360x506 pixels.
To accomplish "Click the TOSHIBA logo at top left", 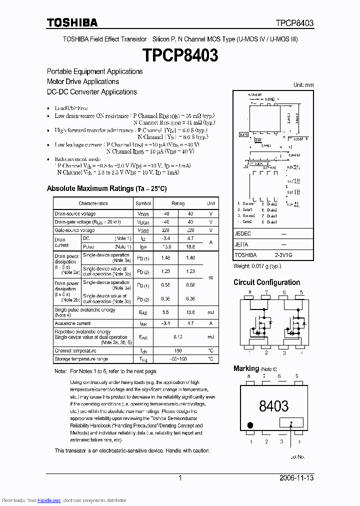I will click(x=72, y=22).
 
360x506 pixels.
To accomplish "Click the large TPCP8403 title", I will click(x=180, y=55).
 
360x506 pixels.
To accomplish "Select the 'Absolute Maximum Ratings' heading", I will click(x=106, y=188).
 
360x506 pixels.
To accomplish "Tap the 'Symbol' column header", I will click(x=143, y=203).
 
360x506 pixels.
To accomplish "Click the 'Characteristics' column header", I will click(x=93, y=203).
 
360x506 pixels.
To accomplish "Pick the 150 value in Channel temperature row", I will click(x=178, y=350).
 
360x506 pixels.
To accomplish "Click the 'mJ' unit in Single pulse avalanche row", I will click(x=211, y=312).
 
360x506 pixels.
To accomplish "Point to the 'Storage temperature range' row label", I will click(x=81, y=359).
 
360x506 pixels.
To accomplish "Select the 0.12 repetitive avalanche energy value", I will click(x=178, y=337).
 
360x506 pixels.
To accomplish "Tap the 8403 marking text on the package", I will click(x=273, y=406).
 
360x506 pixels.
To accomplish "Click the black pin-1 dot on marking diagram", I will click(x=249, y=425).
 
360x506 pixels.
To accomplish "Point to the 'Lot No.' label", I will click(x=297, y=456).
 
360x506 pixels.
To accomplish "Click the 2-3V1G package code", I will click(x=283, y=254).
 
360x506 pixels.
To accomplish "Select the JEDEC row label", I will click(x=243, y=233).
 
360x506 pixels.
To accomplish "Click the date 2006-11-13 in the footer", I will click(x=296, y=478).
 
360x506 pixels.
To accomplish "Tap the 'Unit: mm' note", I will click(x=303, y=85).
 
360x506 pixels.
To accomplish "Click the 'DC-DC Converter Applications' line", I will click(x=91, y=92).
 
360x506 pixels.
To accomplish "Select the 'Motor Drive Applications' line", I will click(x=82, y=81).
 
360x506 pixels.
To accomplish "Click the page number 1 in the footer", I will click(x=180, y=478).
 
